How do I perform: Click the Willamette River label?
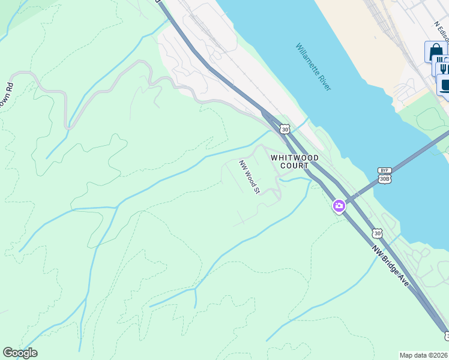[x=313, y=67]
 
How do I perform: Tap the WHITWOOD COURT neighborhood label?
[x=294, y=161]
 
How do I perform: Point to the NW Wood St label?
[x=249, y=177]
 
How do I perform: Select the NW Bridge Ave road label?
[x=391, y=265]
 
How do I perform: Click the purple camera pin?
[x=339, y=206]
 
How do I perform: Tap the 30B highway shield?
[x=385, y=179]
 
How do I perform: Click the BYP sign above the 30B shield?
[x=384, y=170]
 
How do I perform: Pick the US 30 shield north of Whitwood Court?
[x=285, y=129]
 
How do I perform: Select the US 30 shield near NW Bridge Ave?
[x=376, y=232]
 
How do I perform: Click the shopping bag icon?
[x=435, y=52]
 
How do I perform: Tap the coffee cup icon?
[x=445, y=84]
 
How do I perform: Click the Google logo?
[x=20, y=353]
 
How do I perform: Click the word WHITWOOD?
[x=294, y=157]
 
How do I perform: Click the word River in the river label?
[x=324, y=83]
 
